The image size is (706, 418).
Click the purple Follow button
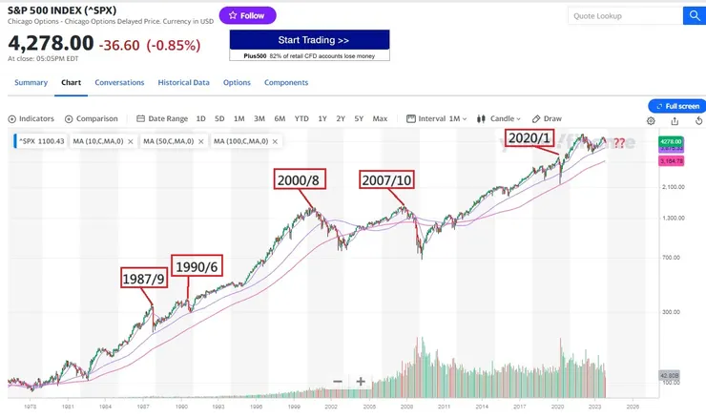point(247,15)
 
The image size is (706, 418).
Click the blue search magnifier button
point(693,15)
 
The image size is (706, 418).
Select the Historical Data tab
point(183,83)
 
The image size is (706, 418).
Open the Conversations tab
point(119,83)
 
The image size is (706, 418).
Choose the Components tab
point(286,83)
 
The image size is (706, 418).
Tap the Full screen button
point(676,106)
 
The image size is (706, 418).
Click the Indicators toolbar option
point(31,119)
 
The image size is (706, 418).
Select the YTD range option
point(301,119)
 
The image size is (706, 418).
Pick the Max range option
point(380,119)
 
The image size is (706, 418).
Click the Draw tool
point(547,119)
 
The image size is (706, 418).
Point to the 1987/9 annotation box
point(142,279)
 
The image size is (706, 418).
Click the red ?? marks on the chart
point(619,143)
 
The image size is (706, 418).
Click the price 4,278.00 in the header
point(52,43)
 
